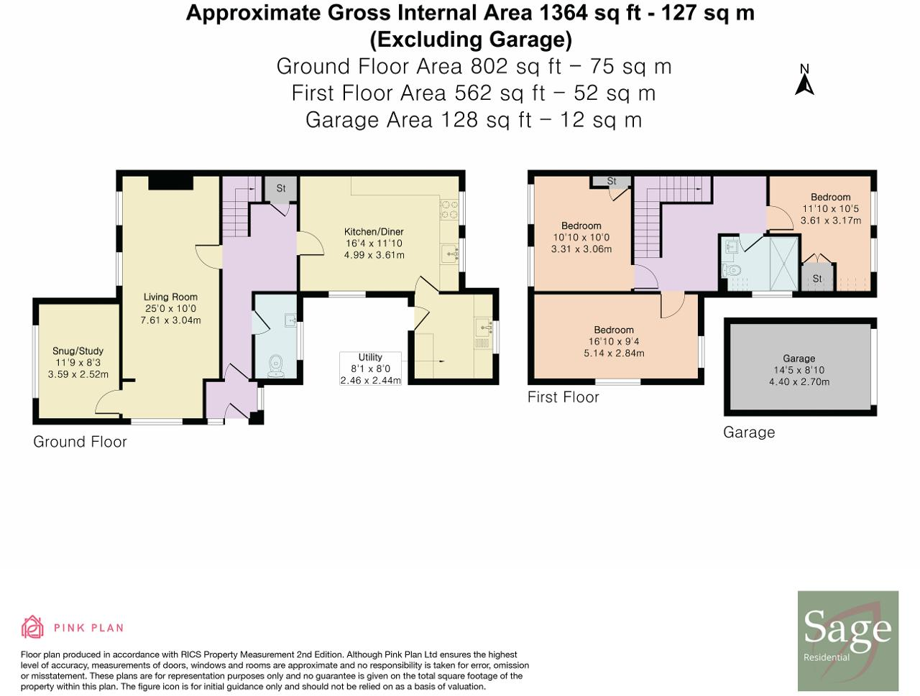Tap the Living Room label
click(x=170, y=297)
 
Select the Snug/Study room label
click(x=78, y=351)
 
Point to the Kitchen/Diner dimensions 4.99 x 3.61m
click(x=374, y=255)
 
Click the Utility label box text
click(x=370, y=357)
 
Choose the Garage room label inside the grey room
click(x=799, y=358)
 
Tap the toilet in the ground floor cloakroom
click(x=276, y=366)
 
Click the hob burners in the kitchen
click(x=449, y=210)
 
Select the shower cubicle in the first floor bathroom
click(x=783, y=264)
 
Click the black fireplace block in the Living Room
click(x=171, y=183)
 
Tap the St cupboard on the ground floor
click(x=281, y=189)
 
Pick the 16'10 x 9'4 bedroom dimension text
click(x=614, y=342)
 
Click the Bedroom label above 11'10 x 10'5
click(x=830, y=198)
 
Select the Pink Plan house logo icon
click(x=32, y=627)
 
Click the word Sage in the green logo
click(x=847, y=628)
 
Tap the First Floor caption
click(x=563, y=397)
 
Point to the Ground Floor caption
click(x=80, y=442)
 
